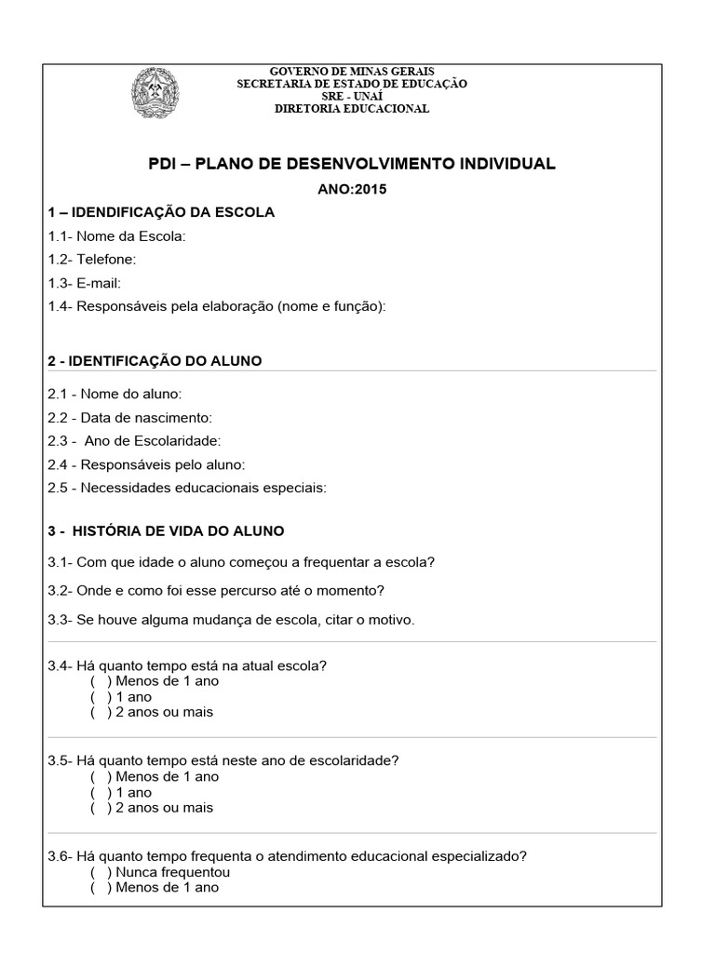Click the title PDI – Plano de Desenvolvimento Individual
coord(352,164)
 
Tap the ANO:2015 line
coord(352,189)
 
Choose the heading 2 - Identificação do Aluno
coord(155,360)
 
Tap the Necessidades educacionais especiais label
coord(187,487)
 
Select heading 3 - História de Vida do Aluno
coord(166,531)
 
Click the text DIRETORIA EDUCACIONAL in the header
coord(352,109)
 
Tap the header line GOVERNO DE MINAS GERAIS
coord(352,73)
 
